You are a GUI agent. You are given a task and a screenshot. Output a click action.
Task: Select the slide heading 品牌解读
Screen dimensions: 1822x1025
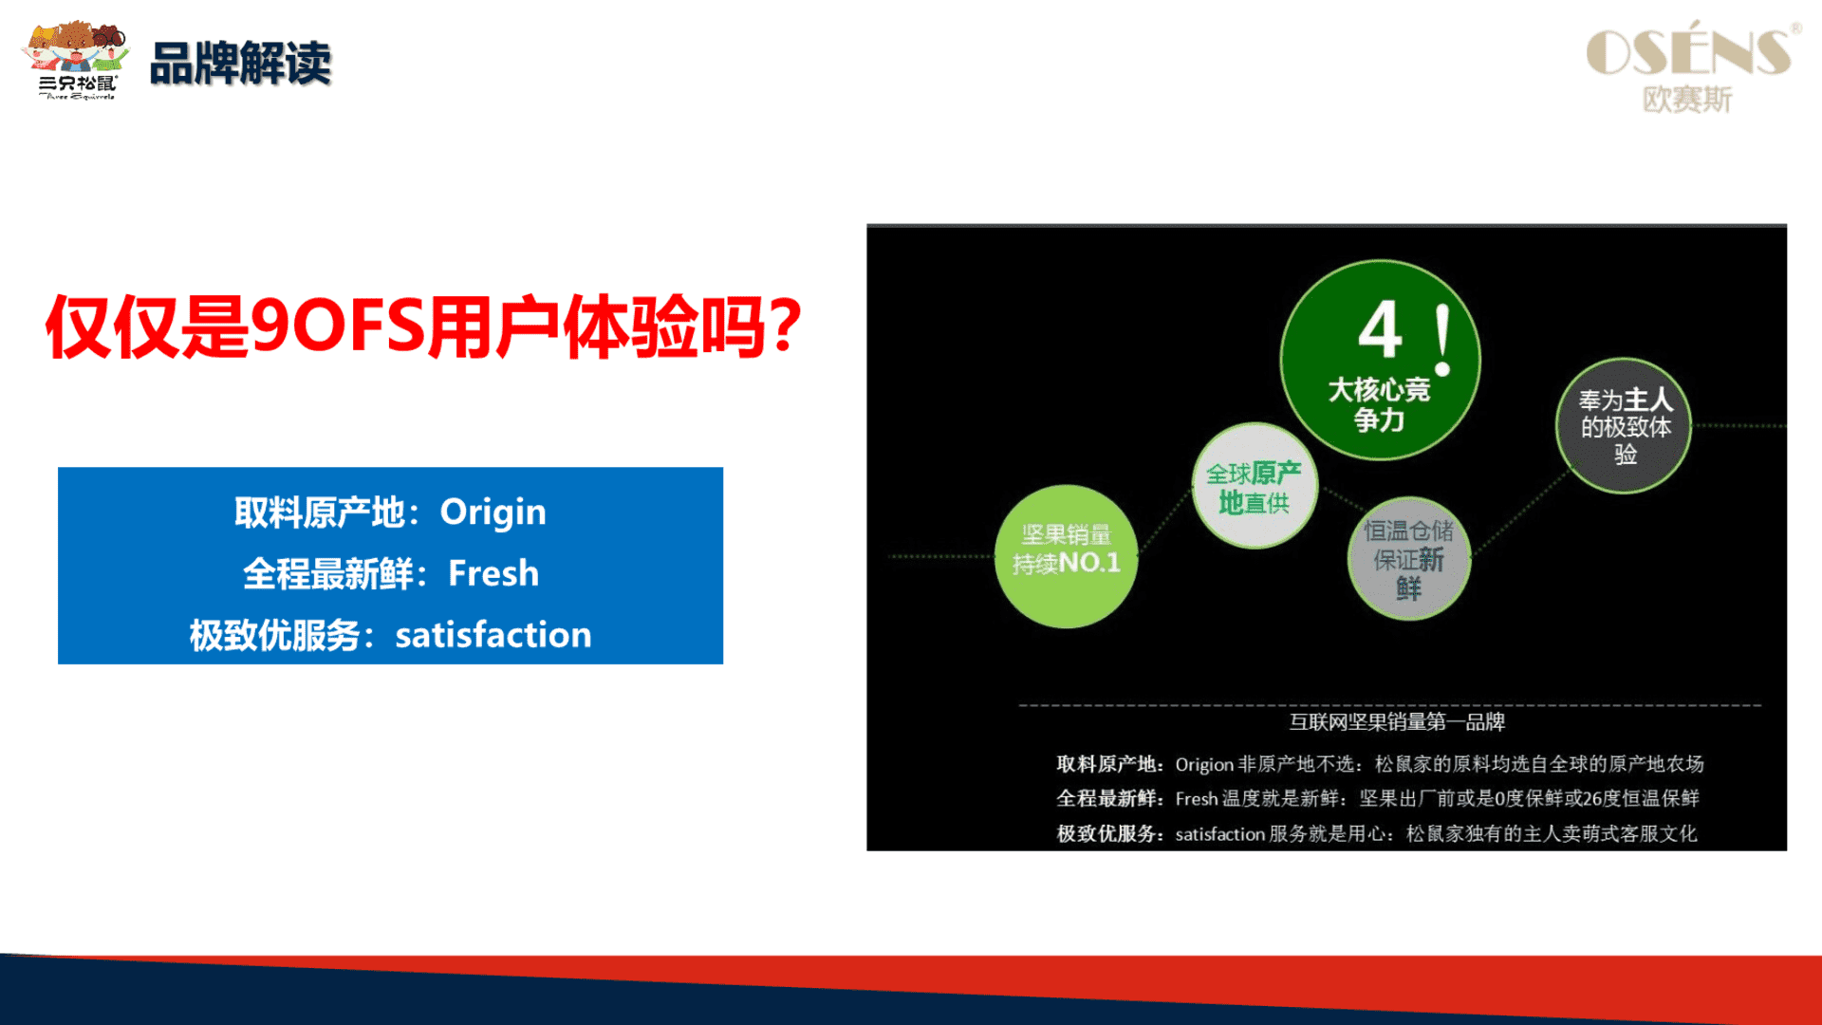[x=241, y=64]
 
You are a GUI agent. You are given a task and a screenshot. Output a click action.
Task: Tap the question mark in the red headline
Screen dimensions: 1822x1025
[x=785, y=326]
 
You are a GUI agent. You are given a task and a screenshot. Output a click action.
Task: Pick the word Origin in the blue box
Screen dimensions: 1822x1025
[x=493, y=512]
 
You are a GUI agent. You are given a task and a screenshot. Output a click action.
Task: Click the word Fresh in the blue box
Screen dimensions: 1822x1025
[x=493, y=573]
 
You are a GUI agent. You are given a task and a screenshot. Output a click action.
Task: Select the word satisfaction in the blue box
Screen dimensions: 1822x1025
[x=493, y=635]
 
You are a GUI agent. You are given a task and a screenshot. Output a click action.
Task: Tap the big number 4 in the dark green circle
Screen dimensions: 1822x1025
[x=1381, y=329]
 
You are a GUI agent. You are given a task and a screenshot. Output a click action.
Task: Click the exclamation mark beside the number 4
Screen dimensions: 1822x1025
[x=1443, y=340]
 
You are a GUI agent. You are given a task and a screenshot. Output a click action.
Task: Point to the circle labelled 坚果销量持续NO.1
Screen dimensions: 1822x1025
[x=1066, y=556]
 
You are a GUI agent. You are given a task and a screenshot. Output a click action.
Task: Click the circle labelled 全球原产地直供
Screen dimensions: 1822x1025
[x=1255, y=486]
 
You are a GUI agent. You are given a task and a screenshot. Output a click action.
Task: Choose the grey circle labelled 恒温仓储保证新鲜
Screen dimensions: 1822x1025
[x=1409, y=558]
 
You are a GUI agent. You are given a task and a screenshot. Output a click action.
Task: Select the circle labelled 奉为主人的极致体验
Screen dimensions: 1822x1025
[x=1624, y=425]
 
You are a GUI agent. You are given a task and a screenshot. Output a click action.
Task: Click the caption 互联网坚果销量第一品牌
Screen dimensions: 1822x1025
[x=1397, y=722]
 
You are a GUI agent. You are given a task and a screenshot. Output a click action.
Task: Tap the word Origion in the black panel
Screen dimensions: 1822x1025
[x=1204, y=765]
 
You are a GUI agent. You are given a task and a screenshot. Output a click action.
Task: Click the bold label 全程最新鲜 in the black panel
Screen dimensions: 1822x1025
[x=1106, y=799]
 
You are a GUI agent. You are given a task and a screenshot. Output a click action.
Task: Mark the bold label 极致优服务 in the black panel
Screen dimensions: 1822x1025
[x=1106, y=834]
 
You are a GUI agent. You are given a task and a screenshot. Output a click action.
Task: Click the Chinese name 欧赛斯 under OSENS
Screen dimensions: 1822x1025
[x=1687, y=99]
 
